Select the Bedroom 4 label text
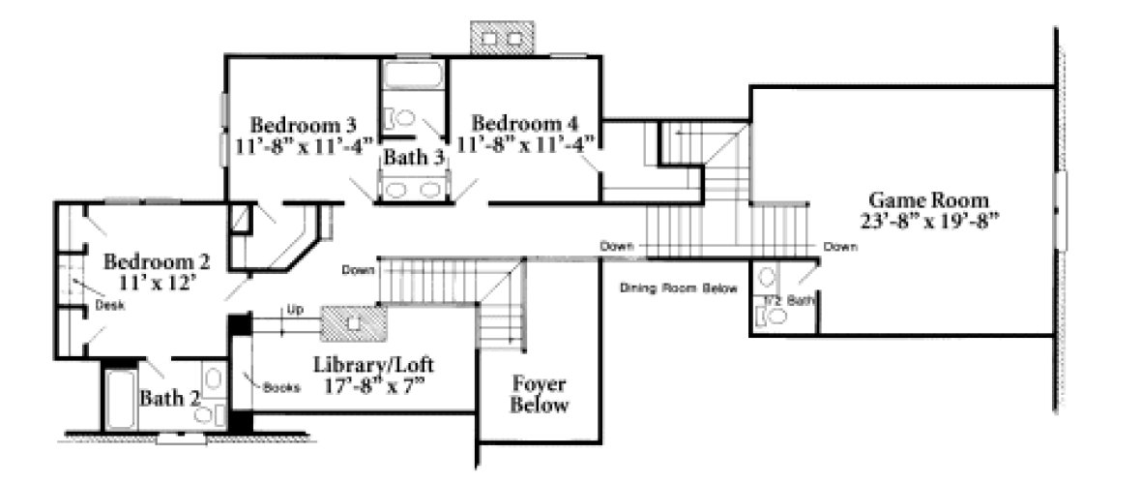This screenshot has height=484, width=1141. [x=525, y=124]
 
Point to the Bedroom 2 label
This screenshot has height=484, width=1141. [x=157, y=261]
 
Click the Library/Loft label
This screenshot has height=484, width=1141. [x=373, y=366]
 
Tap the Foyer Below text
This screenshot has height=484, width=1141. [x=540, y=394]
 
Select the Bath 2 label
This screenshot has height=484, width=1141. [x=169, y=398]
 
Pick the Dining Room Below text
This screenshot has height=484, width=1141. [x=679, y=288]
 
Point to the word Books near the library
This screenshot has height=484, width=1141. [x=281, y=387]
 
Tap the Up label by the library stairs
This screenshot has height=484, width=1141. [x=295, y=311]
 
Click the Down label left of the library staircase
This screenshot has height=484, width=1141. [x=357, y=270]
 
